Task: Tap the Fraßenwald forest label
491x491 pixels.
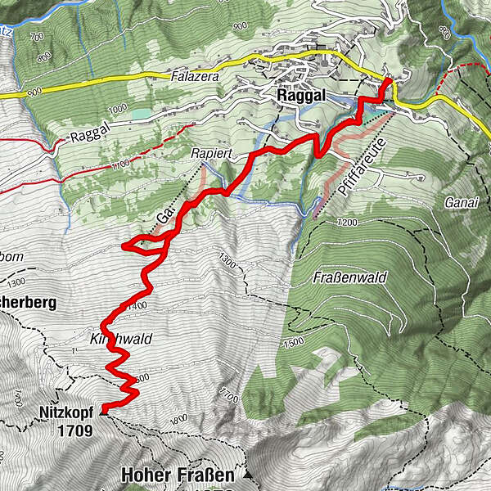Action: coord(343,277)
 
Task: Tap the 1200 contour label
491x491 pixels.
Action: coord(348,223)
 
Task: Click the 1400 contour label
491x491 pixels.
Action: coord(137,305)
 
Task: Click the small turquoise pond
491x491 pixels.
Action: coord(141,114)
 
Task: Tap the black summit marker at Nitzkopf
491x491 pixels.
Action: coord(101,413)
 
